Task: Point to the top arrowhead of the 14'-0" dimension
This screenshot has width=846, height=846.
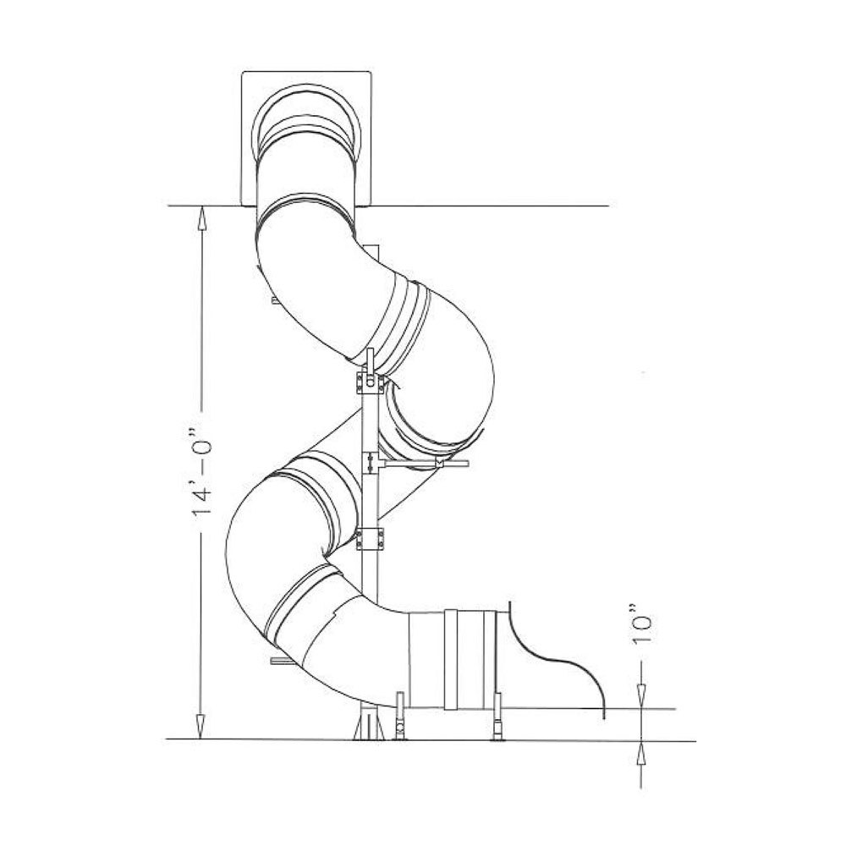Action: tap(201, 218)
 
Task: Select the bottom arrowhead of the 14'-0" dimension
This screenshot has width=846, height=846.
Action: tap(201, 727)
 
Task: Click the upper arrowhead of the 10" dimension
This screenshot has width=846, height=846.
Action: tap(641, 696)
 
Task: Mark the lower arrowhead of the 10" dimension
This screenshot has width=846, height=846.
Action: tap(641, 753)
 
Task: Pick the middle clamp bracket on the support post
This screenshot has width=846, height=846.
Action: tap(371, 463)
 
